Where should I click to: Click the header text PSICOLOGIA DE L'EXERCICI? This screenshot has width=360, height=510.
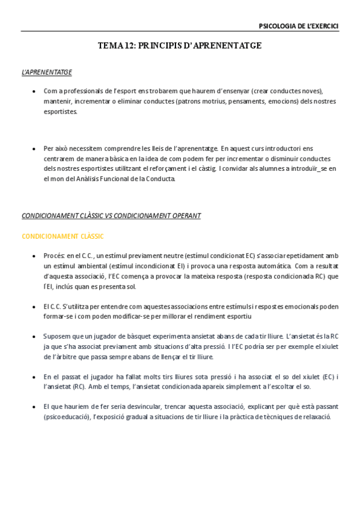298,26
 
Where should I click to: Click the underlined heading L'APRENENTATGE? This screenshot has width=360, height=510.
47,72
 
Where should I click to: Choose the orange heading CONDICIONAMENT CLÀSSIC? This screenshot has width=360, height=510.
63,236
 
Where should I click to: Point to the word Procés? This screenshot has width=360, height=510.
53,256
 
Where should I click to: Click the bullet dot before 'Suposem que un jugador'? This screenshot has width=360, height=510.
34,336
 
